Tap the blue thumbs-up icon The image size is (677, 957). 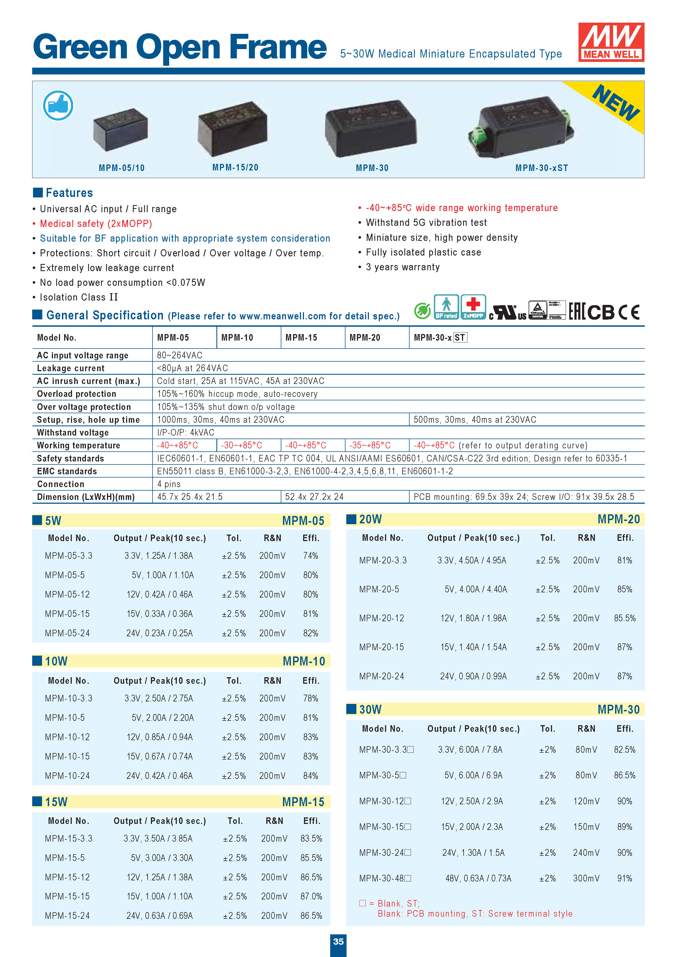coord(58,106)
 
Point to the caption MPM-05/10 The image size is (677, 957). coord(121,168)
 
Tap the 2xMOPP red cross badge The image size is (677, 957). coord(473,307)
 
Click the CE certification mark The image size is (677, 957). coord(629,312)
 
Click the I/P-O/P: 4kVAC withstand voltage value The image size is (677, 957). coord(185,432)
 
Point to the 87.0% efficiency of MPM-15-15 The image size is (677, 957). coord(311,896)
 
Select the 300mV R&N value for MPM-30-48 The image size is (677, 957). coord(586,878)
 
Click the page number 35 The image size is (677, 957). coord(338,941)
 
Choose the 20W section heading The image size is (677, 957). coord(370,519)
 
